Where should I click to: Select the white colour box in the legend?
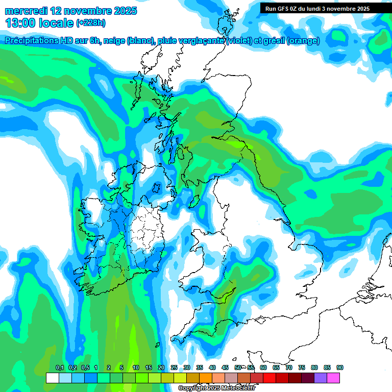click(52, 378)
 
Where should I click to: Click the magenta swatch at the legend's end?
click(333, 378)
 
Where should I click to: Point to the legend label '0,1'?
click(59, 367)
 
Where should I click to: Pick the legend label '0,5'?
click(85, 367)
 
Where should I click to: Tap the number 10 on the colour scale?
click(135, 367)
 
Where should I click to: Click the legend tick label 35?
click(200, 367)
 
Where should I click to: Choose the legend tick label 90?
click(340, 367)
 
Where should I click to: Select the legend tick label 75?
click(302, 367)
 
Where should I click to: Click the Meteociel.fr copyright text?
click(216, 388)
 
